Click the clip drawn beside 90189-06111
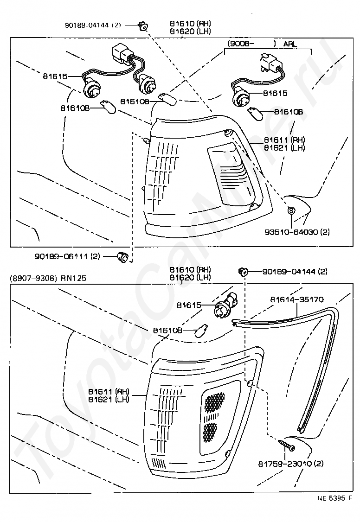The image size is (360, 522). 122,256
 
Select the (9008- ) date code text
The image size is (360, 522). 251,44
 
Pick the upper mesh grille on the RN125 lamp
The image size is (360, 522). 214,402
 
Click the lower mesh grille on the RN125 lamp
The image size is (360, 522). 210,432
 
